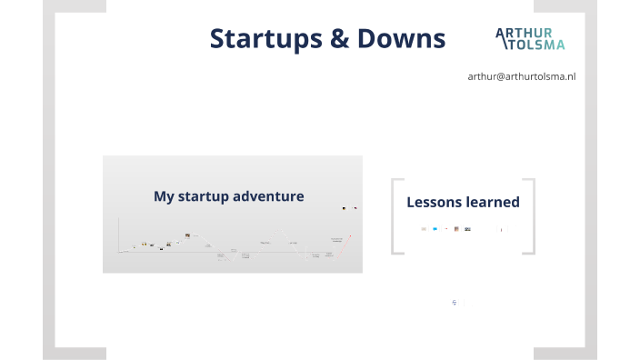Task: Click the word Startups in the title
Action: coord(264,38)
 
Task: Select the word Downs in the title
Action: coord(399,38)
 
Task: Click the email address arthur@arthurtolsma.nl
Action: coord(521,76)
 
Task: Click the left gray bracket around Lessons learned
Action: coord(395,215)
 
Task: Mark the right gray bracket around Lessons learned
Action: coord(531,215)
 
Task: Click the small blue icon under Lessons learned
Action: coord(435,229)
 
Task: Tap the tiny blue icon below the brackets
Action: coord(454,301)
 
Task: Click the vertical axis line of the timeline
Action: coord(119,235)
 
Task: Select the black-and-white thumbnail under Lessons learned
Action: coord(467,229)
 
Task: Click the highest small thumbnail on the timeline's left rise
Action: coord(187,235)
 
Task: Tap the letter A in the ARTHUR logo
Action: coord(501,34)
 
